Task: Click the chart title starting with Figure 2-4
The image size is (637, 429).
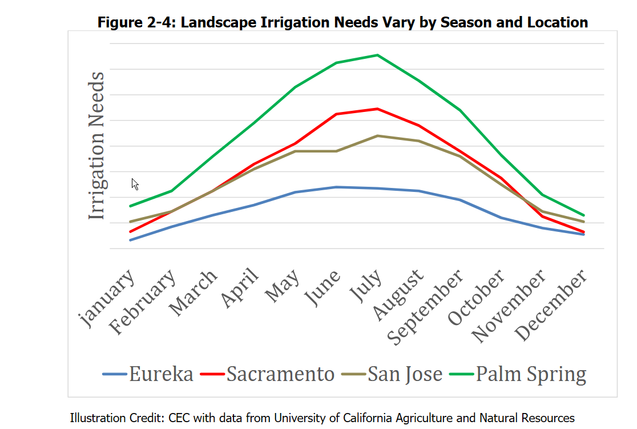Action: [x=342, y=22]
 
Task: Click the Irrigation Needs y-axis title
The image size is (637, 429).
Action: [x=97, y=146]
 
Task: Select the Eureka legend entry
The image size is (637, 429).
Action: [x=148, y=374]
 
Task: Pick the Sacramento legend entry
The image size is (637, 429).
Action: [x=268, y=374]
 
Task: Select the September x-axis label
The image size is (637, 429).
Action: [x=426, y=308]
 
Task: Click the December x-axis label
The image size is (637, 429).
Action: [x=551, y=306]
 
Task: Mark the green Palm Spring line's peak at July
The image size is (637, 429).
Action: [x=377, y=55]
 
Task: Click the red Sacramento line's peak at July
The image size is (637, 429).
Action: [x=377, y=109]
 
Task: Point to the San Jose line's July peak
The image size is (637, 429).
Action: [x=377, y=135]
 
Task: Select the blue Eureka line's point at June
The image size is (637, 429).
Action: [x=336, y=187]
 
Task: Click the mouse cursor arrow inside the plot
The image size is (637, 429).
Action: [x=134, y=183]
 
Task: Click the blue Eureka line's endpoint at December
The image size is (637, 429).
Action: [x=583, y=234]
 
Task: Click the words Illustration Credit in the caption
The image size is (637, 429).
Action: [x=118, y=418]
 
